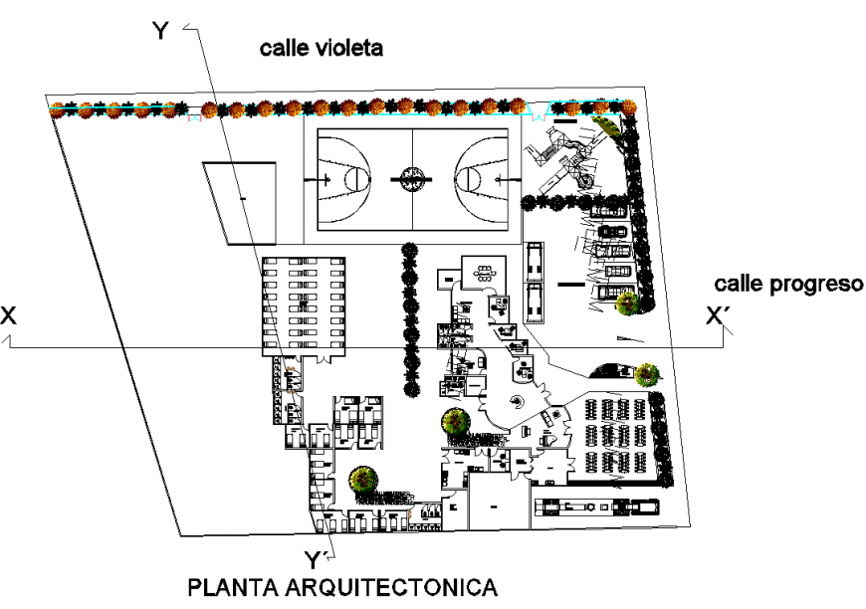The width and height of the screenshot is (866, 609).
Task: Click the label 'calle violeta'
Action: coord(322,48)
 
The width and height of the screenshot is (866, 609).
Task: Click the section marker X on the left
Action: coord(9,315)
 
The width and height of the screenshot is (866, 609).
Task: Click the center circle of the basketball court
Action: coord(411,179)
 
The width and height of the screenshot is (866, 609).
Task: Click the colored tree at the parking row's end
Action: coord(626,303)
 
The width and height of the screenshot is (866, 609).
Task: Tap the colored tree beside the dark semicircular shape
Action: coord(647,374)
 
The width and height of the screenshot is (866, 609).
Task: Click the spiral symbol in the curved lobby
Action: coord(517,401)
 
